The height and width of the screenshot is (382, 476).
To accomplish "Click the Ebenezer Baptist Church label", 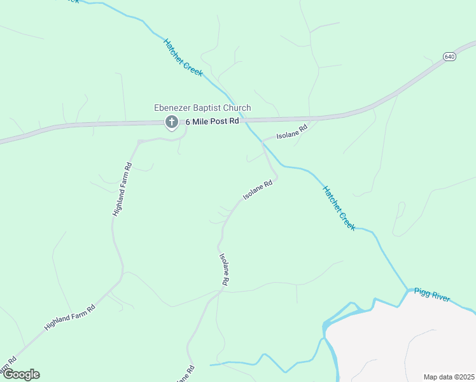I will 202,108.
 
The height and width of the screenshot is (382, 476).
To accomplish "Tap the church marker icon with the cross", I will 171,122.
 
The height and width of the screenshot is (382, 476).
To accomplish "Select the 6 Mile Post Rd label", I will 212,121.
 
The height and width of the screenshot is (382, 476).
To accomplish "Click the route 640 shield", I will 450,57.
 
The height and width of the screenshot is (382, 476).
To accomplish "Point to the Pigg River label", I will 432,295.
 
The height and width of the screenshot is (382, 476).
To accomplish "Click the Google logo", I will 21,374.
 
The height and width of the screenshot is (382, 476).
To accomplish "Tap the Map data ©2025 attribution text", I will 449,377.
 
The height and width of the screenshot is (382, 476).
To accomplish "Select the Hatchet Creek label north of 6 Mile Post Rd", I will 183,58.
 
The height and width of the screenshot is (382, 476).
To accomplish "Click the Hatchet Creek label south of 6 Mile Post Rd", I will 339,208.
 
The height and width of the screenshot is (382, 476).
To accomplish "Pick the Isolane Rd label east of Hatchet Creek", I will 292,132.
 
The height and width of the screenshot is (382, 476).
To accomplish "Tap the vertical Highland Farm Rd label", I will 122,189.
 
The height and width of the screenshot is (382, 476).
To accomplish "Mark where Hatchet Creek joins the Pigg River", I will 407,290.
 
